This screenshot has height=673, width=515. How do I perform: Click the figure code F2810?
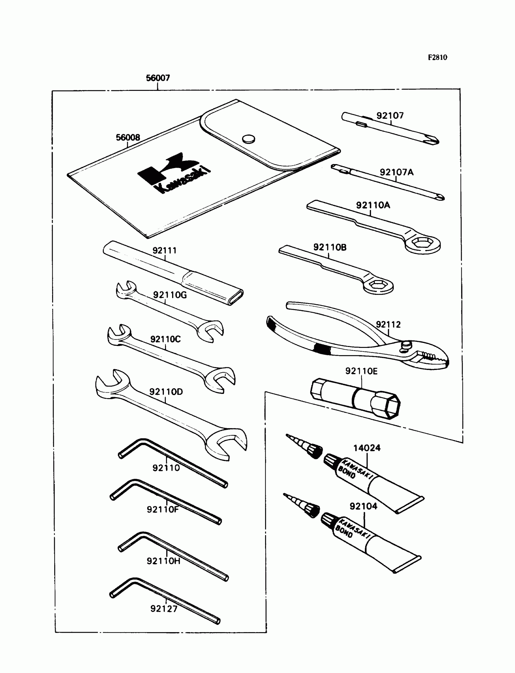pyautogui.click(x=437, y=57)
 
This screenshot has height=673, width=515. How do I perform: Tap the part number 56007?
pyautogui.click(x=158, y=78)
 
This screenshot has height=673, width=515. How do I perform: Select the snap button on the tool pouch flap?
pyautogui.click(x=248, y=139)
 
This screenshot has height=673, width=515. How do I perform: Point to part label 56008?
pyautogui.click(x=128, y=137)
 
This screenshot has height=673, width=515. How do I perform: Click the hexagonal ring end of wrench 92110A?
pyautogui.click(x=423, y=243)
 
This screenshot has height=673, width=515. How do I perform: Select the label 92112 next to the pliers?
pyautogui.click(x=388, y=325)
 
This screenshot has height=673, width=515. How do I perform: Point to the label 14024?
pyautogui.click(x=367, y=448)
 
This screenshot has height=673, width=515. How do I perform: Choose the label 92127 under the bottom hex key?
pyautogui.click(x=164, y=609)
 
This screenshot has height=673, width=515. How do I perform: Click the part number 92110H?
pyautogui.click(x=163, y=561)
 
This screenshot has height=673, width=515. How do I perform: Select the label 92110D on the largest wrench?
pyautogui.click(x=166, y=392)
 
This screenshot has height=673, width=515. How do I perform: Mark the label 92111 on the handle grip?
pyautogui.click(x=164, y=251)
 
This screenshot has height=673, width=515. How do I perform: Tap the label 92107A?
pyautogui.click(x=396, y=173)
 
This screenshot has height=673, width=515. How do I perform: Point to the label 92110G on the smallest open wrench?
pyautogui.click(x=170, y=295)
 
